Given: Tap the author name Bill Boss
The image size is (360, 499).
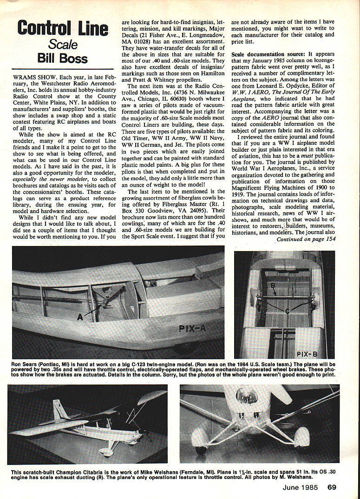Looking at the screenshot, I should point(63,58).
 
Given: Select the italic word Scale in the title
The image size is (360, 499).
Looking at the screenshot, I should point(63,44).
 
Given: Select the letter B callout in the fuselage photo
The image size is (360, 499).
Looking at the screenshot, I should point(273,285).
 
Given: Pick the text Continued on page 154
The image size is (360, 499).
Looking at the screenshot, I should point(306,240).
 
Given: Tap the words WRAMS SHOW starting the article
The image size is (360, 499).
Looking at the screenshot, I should point(31,74).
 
